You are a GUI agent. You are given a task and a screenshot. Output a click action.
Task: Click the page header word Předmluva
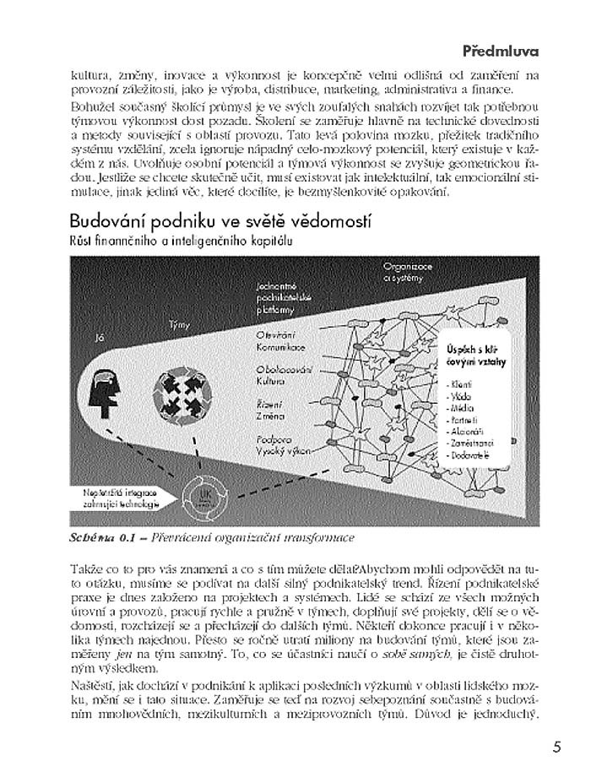tap(500, 50)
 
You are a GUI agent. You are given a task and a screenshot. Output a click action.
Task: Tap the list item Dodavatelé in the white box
tap(472, 454)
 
